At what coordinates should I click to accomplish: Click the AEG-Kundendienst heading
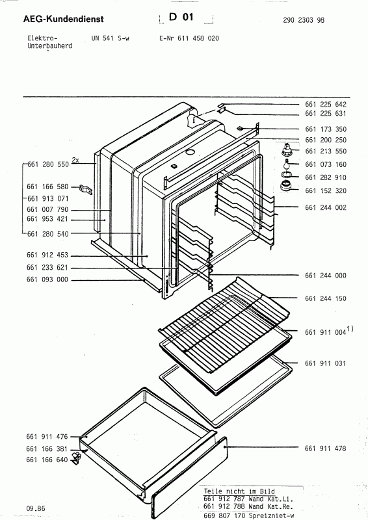(x=63, y=19)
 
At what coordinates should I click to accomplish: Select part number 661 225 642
(x=326, y=105)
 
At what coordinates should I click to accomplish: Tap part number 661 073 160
(x=326, y=164)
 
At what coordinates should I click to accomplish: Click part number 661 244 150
(x=326, y=298)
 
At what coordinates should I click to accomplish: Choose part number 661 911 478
(x=325, y=448)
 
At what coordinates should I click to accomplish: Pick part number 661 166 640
(x=47, y=460)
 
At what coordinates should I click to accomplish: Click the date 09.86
(x=36, y=508)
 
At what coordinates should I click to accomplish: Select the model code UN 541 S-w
(x=110, y=38)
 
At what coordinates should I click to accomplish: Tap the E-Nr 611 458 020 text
(x=189, y=38)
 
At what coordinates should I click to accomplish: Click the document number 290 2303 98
(x=304, y=20)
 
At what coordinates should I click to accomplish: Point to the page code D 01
(x=181, y=17)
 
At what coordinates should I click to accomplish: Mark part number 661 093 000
(x=47, y=279)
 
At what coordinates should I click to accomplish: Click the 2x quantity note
(x=75, y=160)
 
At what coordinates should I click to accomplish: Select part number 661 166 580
(x=47, y=187)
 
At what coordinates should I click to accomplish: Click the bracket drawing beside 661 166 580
(x=85, y=190)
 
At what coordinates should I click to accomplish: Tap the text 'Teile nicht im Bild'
(x=239, y=491)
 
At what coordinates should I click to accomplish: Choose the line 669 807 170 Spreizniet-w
(x=249, y=515)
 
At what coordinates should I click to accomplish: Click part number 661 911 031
(x=325, y=363)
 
